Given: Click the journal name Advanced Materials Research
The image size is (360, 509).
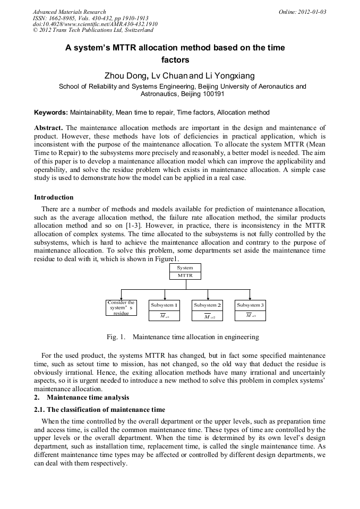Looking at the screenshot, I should pos(69,12).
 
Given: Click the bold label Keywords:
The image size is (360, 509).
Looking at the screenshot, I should pos(51,113).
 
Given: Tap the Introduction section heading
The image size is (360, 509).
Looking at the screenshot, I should pos(54,197).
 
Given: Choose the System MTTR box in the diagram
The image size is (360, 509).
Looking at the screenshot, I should pos(185,272).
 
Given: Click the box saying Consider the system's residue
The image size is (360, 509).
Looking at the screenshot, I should pos(121,308).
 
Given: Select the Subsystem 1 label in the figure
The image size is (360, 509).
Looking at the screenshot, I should pos(164,305).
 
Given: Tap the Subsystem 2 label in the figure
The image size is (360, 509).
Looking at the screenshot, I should pos(207,305).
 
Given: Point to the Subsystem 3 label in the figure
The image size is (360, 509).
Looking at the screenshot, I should pos(250,305).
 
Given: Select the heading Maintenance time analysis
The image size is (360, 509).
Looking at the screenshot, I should pos(88,397).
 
